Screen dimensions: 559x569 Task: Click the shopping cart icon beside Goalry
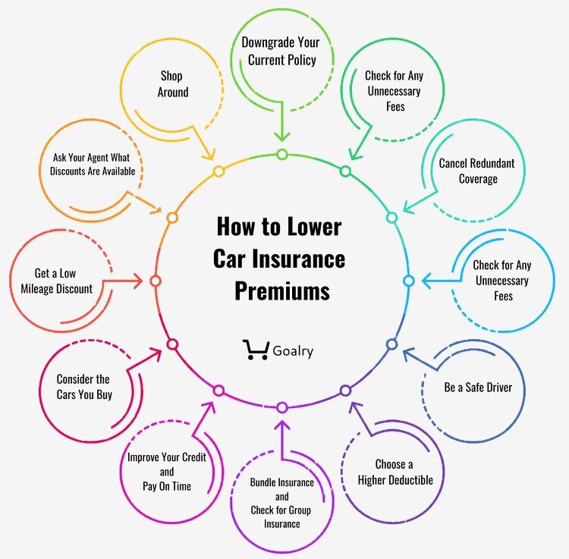(256, 350)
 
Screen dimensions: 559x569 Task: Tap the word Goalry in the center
(292, 351)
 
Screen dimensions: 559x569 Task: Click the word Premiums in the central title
(281, 290)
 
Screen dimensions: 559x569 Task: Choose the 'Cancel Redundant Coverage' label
(476, 171)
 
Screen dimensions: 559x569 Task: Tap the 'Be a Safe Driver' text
(478, 387)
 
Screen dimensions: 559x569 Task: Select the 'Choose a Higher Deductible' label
(404, 472)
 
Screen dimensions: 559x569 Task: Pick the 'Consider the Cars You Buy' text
(83, 386)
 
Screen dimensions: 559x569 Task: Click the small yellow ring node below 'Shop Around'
(218, 171)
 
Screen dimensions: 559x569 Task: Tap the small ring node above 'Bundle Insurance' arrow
(282, 407)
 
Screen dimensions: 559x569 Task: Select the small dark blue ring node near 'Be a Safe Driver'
(391, 344)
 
